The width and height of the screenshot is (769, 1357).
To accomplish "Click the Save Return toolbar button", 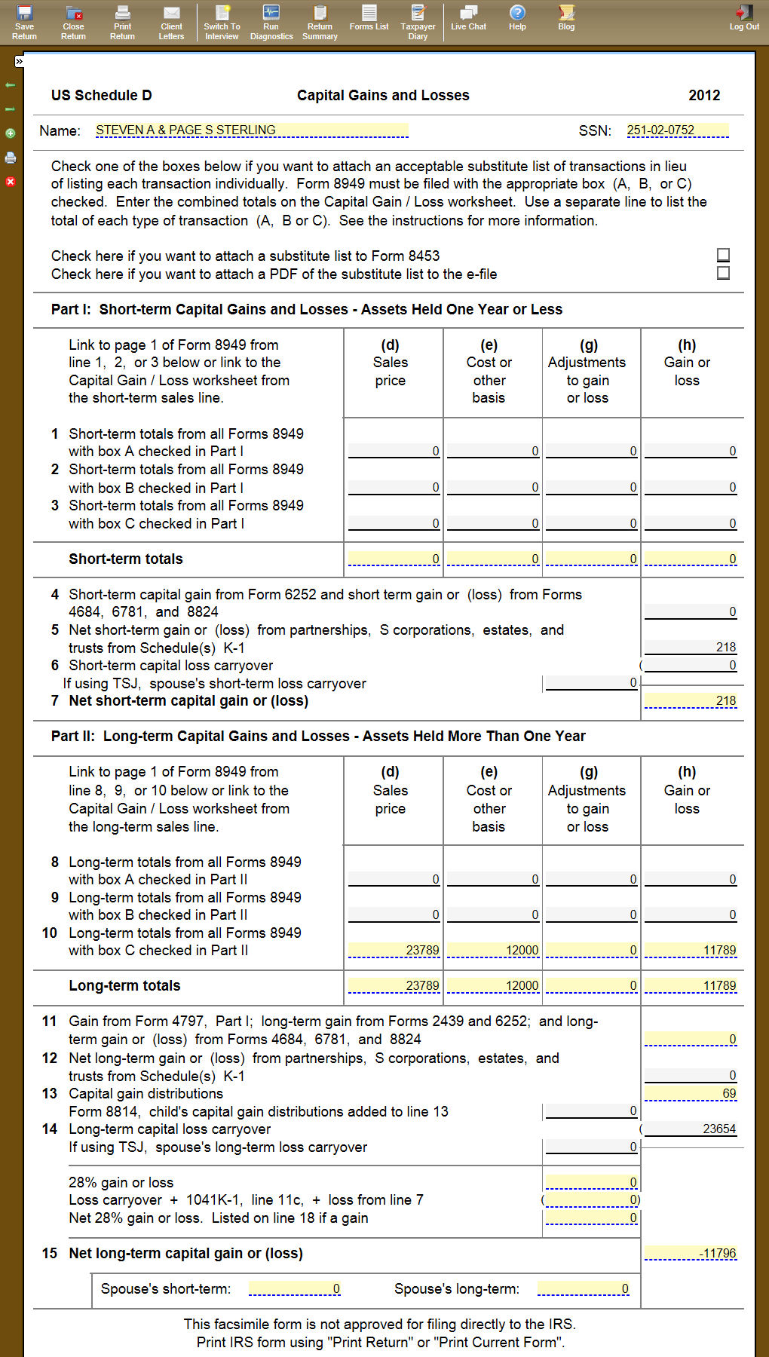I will click(24, 21).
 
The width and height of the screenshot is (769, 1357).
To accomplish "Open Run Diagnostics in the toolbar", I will click(271, 21).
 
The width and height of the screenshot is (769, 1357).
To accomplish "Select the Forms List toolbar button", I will click(369, 18).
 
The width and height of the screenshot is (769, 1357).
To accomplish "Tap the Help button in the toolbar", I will click(517, 18).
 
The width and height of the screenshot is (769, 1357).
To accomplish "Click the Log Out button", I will click(744, 18).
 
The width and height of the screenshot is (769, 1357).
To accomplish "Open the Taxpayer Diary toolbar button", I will click(418, 21).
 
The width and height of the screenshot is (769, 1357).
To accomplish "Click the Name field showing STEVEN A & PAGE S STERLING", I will click(252, 130).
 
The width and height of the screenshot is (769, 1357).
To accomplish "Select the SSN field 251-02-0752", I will click(677, 130).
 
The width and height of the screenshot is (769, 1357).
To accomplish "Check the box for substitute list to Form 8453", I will click(723, 256).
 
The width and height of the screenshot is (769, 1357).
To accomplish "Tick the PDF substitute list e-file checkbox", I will click(723, 273).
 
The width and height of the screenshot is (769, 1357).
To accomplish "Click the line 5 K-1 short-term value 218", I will click(691, 647).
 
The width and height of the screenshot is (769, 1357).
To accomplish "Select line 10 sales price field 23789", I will click(394, 950).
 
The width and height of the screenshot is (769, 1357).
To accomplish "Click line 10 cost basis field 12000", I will click(493, 950).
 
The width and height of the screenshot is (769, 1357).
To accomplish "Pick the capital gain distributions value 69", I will click(691, 1093).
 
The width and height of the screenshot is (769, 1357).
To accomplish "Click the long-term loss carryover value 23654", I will click(691, 1129).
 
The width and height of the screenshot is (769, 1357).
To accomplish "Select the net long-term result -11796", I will click(691, 1253).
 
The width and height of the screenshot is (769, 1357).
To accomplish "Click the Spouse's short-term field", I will click(295, 1288).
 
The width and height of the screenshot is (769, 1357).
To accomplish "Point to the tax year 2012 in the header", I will click(704, 96).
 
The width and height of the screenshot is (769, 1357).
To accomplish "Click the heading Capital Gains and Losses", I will click(383, 96).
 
